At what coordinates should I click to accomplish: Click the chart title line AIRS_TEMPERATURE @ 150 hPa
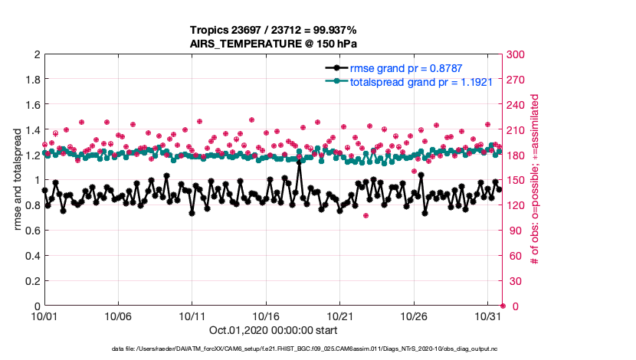click(274, 44)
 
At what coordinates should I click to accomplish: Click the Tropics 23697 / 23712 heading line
click(274, 31)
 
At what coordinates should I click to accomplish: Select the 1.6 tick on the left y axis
click(31, 105)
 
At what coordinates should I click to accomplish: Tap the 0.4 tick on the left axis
click(31, 256)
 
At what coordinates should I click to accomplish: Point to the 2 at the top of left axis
click(36, 55)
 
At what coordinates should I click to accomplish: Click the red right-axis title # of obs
click(535, 180)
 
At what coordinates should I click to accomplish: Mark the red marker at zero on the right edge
click(502, 306)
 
